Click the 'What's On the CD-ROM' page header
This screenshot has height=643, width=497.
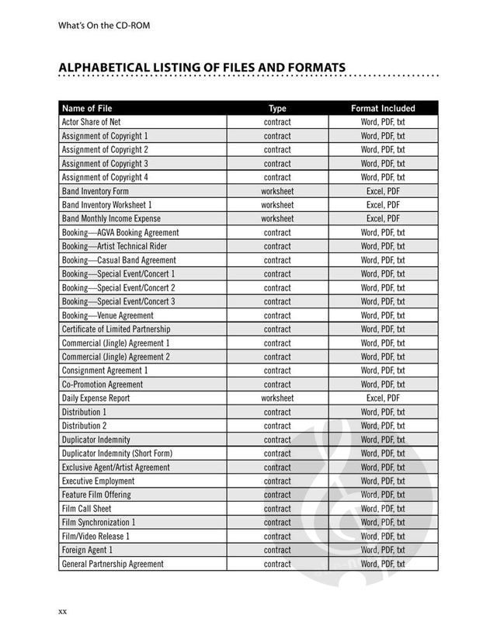(104, 25)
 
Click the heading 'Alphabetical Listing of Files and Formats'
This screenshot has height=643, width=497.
(202, 68)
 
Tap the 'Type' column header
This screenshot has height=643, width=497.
(277, 109)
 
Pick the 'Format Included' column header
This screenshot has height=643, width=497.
(383, 109)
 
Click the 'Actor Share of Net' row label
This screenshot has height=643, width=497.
(91, 122)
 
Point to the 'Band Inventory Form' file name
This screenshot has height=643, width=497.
(95, 191)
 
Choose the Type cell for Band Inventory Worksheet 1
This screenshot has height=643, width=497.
(277, 205)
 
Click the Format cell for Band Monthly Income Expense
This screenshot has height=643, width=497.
(383, 219)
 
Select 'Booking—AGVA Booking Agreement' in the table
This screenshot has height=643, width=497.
(120, 232)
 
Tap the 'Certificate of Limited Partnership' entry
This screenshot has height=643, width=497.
(116, 329)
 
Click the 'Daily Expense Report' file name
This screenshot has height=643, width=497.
(96, 398)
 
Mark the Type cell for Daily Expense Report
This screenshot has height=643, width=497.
(277, 398)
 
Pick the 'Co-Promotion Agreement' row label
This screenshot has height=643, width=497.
(103, 384)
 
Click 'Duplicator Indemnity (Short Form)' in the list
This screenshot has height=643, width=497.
(116, 454)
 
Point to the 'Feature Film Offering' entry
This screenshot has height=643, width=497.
(96, 495)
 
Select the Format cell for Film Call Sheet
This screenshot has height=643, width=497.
(383, 509)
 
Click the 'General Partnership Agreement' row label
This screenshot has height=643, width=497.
(113, 564)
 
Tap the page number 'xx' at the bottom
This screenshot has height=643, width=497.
(63, 612)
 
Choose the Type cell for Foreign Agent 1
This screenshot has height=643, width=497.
(277, 550)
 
